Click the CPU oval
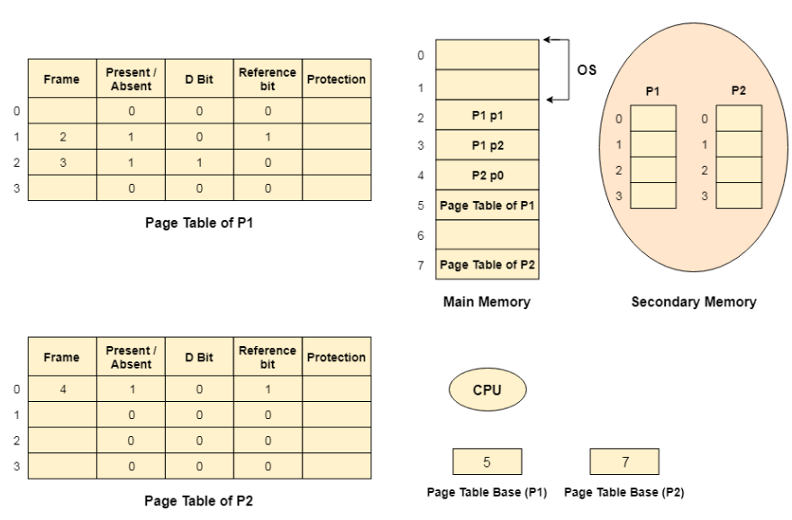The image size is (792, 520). [x=487, y=390]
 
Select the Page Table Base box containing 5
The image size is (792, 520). [x=487, y=462]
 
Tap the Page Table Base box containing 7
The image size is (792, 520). [x=624, y=462]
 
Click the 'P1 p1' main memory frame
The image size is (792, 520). [x=487, y=115]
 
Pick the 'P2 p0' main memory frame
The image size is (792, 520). [x=487, y=175]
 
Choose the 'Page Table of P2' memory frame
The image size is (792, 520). [x=487, y=264]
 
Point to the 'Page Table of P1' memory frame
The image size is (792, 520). [x=487, y=205]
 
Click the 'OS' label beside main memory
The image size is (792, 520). [x=586, y=69]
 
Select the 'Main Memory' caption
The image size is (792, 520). [x=487, y=303]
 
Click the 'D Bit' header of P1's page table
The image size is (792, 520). [x=199, y=78]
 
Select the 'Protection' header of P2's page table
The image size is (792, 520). [x=336, y=357]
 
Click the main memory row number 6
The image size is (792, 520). [x=420, y=234]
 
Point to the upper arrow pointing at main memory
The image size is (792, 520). [x=557, y=41]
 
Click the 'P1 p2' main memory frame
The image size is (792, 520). [x=487, y=145]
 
